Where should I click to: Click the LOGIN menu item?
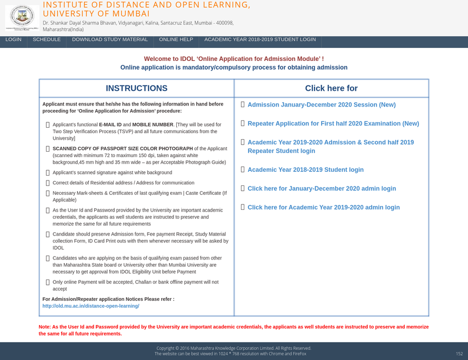tap(14, 40)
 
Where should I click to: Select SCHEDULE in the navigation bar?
tap(47, 40)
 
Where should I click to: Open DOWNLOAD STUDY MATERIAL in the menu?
tap(110, 40)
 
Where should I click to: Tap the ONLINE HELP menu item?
tap(176, 40)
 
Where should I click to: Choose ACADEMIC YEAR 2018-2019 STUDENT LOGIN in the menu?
tap(260, 40)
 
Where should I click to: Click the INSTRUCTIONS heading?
tap(136, 88)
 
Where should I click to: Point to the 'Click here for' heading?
tap(331, 88)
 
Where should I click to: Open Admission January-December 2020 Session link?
tap(321, 105)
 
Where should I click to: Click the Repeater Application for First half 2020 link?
tap(333, 124)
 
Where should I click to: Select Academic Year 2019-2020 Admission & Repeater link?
tap(330, 146)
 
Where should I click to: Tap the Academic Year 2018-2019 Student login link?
tap(305, 170)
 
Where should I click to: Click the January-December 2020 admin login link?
tap(322, 189)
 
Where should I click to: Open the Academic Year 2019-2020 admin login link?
tap(323, 208)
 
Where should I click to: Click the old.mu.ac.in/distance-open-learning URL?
tap(91, 306)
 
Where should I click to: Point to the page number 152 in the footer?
tap(459, 353)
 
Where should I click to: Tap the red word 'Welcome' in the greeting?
tap(156, 59)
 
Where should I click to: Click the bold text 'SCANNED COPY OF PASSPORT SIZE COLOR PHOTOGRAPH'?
tap(122, 148)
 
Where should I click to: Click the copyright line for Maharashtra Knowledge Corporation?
tap(233, 348)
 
